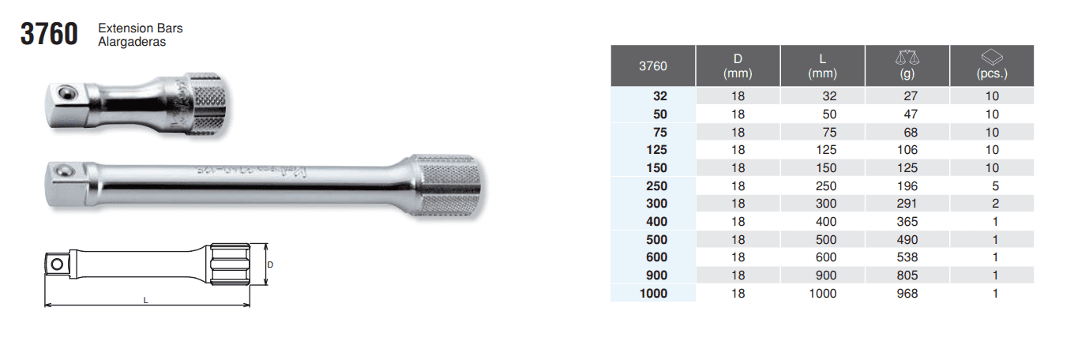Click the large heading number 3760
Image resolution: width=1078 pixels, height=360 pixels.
coord(49,34)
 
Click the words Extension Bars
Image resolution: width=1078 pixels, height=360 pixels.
coord(141,28)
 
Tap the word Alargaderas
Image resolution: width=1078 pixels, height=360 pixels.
coord(132,42)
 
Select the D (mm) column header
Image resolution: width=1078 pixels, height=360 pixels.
coord(738,66)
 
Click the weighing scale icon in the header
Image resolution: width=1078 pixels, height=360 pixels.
coord(907,58)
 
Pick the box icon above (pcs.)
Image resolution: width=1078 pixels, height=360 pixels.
coord(992,57)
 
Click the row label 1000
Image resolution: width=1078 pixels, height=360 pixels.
coord(653,293)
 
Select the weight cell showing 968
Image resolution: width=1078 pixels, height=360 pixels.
coord(907,293)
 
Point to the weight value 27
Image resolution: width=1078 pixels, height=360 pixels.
coord(911,96)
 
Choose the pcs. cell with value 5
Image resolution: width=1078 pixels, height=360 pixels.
coord(995,186)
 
